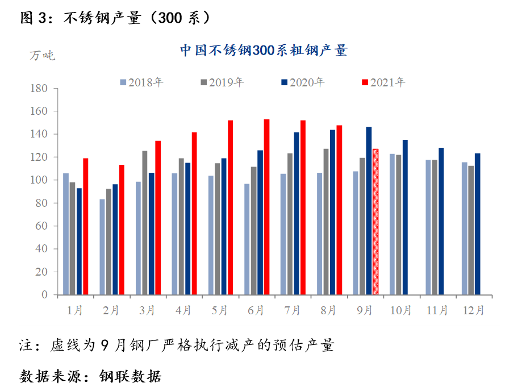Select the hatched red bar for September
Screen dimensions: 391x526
[x=375, y=222]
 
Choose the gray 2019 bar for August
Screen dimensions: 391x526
[x=326, y=222]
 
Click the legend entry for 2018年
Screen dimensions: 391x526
[x=142, y=82]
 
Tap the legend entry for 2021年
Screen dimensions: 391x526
[x=384, y=82]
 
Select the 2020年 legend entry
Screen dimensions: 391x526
[x=303, y=82]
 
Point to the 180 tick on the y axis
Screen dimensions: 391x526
[x=40, y=89]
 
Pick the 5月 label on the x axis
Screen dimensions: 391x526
[x=219, y=310]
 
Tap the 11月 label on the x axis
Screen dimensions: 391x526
[x=437, y=310]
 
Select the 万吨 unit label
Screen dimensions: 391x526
[x=42, y=56]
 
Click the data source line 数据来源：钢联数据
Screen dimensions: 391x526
[x=91, y=376]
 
